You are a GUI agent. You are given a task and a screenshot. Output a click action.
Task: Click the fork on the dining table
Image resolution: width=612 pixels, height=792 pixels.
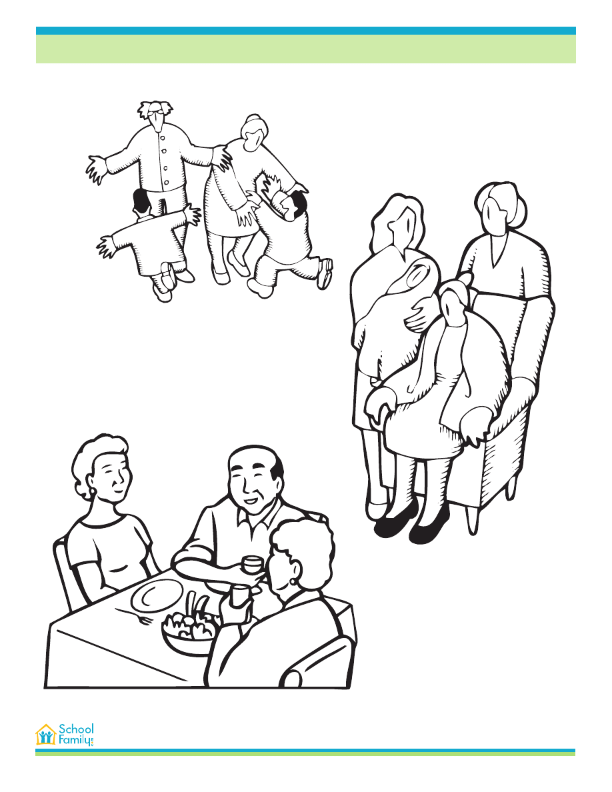134,615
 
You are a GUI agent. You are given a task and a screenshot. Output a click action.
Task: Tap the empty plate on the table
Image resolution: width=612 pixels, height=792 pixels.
156,595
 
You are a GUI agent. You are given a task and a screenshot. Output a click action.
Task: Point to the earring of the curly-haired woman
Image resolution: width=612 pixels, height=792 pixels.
293,583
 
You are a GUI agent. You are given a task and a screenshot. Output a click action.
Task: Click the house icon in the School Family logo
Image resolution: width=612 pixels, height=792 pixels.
46,735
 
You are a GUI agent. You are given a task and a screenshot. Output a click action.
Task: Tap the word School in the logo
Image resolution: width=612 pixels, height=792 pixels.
76,729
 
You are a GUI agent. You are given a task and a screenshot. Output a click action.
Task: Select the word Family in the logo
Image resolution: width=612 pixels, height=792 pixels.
75,741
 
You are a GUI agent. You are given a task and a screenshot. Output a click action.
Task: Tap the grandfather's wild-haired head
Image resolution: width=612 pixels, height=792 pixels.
156,116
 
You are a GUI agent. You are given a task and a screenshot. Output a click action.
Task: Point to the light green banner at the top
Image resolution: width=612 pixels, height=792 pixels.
306,49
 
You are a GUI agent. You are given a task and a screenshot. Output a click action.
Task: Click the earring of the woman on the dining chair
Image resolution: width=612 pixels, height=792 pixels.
93,491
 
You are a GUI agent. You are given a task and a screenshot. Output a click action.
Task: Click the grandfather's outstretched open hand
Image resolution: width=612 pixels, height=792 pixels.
97,169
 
